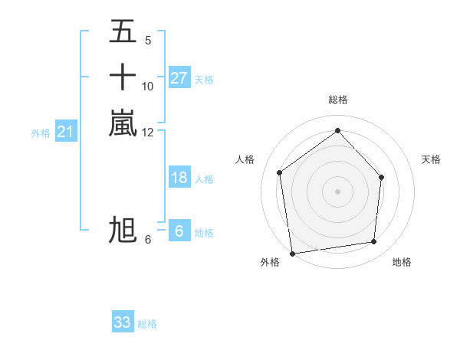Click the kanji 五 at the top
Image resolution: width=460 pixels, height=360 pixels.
tap(123, 33)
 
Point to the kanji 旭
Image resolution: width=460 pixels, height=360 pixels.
tap(123, 230)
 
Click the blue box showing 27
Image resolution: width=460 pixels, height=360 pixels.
tap(179, 78)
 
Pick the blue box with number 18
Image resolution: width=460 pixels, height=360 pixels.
tap(179, 178)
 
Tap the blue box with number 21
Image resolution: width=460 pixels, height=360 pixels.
tap(66, 133)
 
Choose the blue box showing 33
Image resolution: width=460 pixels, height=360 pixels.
tap(123, 322)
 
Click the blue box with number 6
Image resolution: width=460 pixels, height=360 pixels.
tap(179, 231)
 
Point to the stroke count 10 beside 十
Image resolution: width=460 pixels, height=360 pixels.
tap(148, 86)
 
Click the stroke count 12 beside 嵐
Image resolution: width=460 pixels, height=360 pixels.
tap(148, 133)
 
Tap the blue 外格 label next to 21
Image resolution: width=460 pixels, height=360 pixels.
tap(41, 133)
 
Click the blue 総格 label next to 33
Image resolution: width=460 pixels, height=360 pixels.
tap(147, 324)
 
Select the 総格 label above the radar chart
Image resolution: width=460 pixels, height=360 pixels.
tap(337, 100)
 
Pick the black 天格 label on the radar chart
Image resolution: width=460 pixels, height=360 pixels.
tap(431, 159)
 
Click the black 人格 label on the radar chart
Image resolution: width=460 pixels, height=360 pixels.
tap(245, 159)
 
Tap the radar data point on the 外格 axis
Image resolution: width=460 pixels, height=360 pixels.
tap(291, 253)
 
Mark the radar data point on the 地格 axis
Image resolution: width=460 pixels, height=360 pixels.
tap(374, 242)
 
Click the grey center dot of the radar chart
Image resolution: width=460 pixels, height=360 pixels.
tap(337, 191)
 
